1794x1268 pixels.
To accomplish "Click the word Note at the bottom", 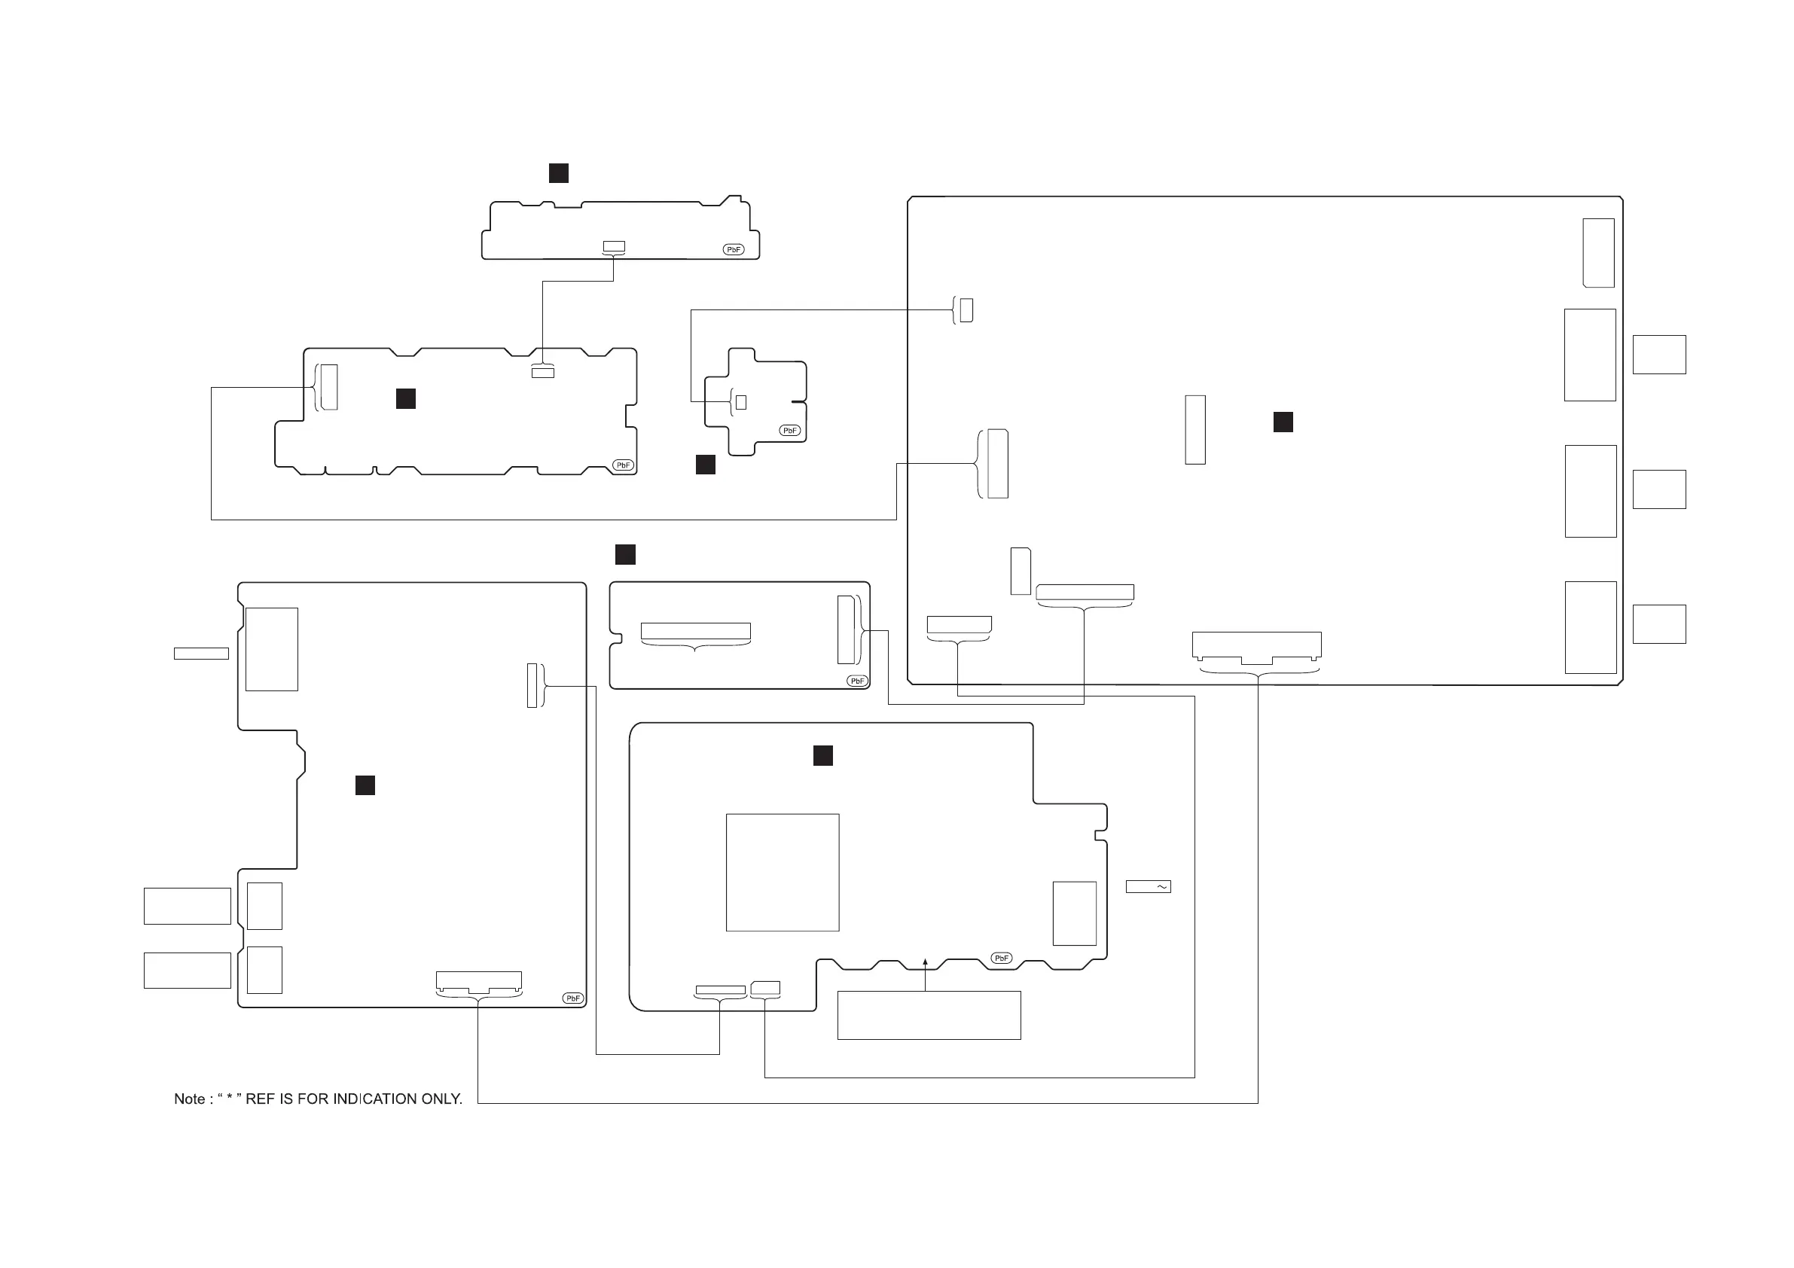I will [x=189, y=1099].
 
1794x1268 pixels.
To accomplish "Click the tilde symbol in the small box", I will [x=1162, y=887].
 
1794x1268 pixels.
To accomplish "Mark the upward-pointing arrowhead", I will [x=925, y=963].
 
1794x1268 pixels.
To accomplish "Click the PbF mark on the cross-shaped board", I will [x=790, y=431].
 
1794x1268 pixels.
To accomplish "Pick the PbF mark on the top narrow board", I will [x=733, y=250].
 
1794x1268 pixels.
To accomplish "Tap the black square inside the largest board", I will [x=1283, y=422].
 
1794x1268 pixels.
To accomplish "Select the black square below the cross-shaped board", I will [x=706, y=465].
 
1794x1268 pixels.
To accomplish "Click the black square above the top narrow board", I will [x=559, y=173].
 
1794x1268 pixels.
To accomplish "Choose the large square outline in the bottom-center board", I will [x=782, y=873].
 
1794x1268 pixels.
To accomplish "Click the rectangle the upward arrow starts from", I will [x=929, y=1016].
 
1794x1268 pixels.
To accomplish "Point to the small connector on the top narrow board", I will [x=614, y=247].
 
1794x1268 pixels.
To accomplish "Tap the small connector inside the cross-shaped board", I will [x=741, y=402].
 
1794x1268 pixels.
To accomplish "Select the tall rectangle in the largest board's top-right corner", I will [x=1598, y=253].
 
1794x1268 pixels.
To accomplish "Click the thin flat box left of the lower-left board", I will [x=201, y=654].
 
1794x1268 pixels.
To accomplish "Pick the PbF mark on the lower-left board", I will [x=572, y=998].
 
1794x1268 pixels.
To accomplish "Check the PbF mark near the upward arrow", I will [x=1001, y=958].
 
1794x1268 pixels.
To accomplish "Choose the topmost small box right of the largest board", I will [x=1659, y=355].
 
